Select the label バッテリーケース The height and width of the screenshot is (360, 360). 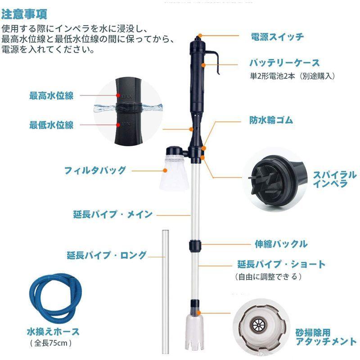284,63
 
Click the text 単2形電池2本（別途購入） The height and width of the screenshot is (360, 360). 292,76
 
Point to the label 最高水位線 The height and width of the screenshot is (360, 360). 51,95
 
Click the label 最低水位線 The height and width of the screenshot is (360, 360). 51,125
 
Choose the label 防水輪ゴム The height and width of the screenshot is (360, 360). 271,120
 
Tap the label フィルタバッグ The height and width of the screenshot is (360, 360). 95,170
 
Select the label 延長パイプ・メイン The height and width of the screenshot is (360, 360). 113,214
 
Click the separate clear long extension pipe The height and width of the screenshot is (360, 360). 164,288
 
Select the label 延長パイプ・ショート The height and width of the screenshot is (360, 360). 281,264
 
